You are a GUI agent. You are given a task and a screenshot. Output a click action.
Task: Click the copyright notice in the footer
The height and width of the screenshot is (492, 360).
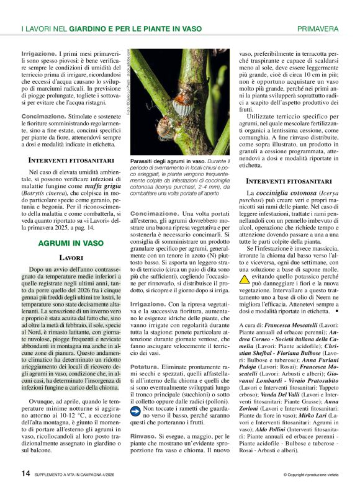pos(311,475)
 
